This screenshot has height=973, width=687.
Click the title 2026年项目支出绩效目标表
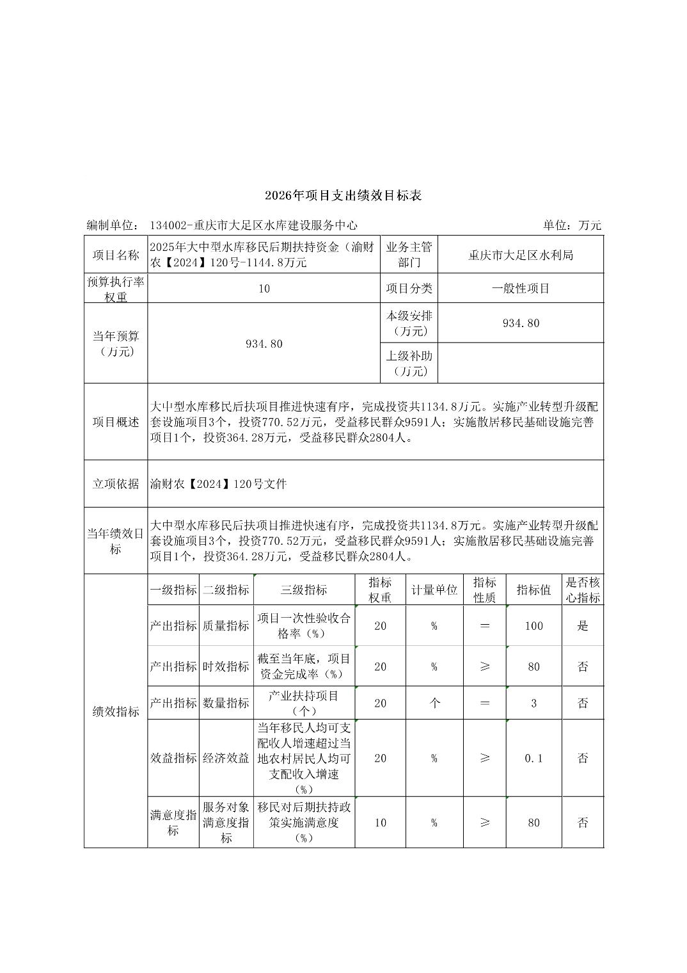pyautogui.click(x=343, y=196)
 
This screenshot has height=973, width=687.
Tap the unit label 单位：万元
pyautogui.click(x=572, y=225)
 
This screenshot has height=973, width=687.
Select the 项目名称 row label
pyautogui.click(x=116, y=255)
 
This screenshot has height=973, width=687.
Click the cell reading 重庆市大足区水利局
pyautogui.click(x=521, y=255)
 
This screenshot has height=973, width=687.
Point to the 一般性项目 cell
pyautogui.click(x=521, y=288)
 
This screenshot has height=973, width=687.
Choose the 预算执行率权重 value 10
pyautogui.click(x=264, y=288)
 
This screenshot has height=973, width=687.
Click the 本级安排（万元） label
pyautogui.click(x=409, y=323)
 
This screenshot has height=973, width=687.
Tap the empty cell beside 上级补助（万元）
pyautogui.click(x=521, y=363)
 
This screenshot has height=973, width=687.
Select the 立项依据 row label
pyautogui.click(x=116, y=484)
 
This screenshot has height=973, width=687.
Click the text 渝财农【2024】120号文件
pyautogui.click(x=219, y=484)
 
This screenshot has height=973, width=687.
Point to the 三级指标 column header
pyautogui.click(x=304, y=590)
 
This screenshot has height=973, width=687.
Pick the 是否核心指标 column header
pyautogui.click(x=583, y=590)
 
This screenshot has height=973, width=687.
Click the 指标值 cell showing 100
pyautogui.click(x=533, y=626)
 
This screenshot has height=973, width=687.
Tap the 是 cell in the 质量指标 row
pyautogui.click(x=583, y=626)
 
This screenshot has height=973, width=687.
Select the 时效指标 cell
pyautogui.click(x=226, y=666)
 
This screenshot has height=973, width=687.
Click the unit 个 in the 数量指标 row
pyautogui.click(x=434, y=703)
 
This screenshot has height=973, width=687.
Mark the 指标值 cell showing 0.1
pyautogui.click(x=533, y=758)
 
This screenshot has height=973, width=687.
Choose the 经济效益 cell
pyautogui.click(x=226, y=758)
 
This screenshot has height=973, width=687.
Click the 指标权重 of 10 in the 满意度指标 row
pyautogui.click(x=380, y=823)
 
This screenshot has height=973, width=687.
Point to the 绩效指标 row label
pyautogui.click(x=116, y=711)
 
